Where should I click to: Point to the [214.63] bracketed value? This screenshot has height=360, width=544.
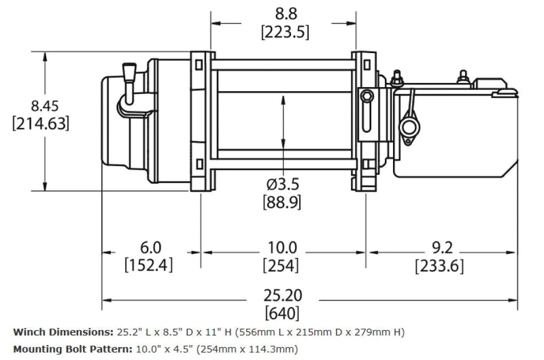41,124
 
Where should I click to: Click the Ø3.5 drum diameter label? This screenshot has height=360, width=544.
282,184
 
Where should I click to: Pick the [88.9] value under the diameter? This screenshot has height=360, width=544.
282,202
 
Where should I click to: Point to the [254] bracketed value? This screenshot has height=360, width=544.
282,265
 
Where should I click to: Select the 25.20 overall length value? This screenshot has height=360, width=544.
282,295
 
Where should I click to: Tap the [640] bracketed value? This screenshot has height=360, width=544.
282,314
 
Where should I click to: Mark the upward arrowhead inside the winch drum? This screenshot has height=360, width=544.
282,100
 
